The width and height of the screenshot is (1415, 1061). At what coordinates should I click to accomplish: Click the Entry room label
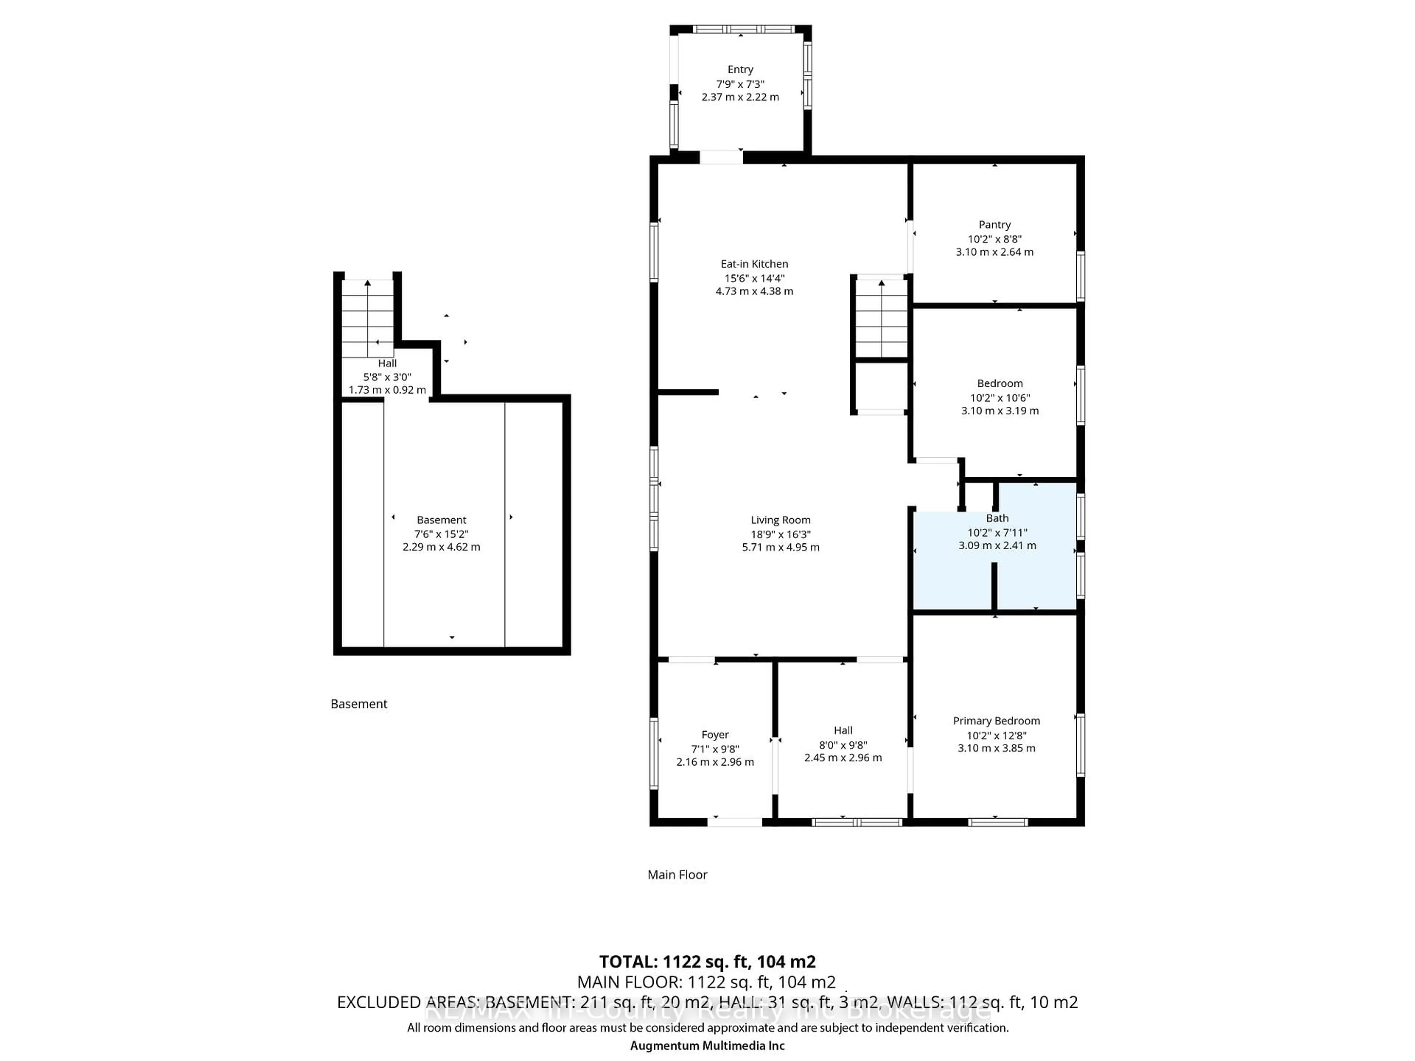pyautogui.click(x=740, y=69)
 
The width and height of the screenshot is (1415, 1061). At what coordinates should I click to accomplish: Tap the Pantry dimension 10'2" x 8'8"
pyautogui.click(x=994, y=239)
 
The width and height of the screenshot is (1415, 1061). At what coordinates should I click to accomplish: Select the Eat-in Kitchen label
pyautogui.click(x=754, y=263)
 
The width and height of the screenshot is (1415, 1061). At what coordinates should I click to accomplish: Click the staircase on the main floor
pyautogui.click(x=881, y=318)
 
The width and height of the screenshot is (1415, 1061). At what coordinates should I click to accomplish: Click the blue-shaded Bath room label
pyautogui.click(x=997, y=518)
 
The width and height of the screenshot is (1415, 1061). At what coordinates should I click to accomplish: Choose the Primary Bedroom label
pyautogui.click(x=996, y=721)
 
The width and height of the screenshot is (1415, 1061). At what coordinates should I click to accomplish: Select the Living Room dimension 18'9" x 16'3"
pyautogui.click(x=780, y=534)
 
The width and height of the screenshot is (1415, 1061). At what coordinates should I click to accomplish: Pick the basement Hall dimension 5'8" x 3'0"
pyautogui.click(x=387, y=377)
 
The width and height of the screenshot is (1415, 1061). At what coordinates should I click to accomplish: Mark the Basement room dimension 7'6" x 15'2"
pyautogui.click(x=441, y=533)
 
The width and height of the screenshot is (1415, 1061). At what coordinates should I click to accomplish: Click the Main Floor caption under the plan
pyautogui.click(x=677, y=874)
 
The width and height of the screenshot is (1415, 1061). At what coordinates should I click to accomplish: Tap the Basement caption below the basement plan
pyautogui.click(x=359, y=704)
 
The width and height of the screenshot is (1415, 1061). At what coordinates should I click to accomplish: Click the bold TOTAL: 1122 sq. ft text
pyautogui.click(x=707, y=961)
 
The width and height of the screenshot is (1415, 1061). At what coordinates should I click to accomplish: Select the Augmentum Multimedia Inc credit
pyautogui.click(x=707, y=1045)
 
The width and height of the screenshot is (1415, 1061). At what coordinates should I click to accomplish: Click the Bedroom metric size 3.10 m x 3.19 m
pyautogui.click(x=999, y=411)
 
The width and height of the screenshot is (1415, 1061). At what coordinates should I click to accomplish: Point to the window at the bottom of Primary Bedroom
pyautogui.click(x=998, y=822)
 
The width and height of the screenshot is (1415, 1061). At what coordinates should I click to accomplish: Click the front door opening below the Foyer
pyautogui.click(x=734, y=822)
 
